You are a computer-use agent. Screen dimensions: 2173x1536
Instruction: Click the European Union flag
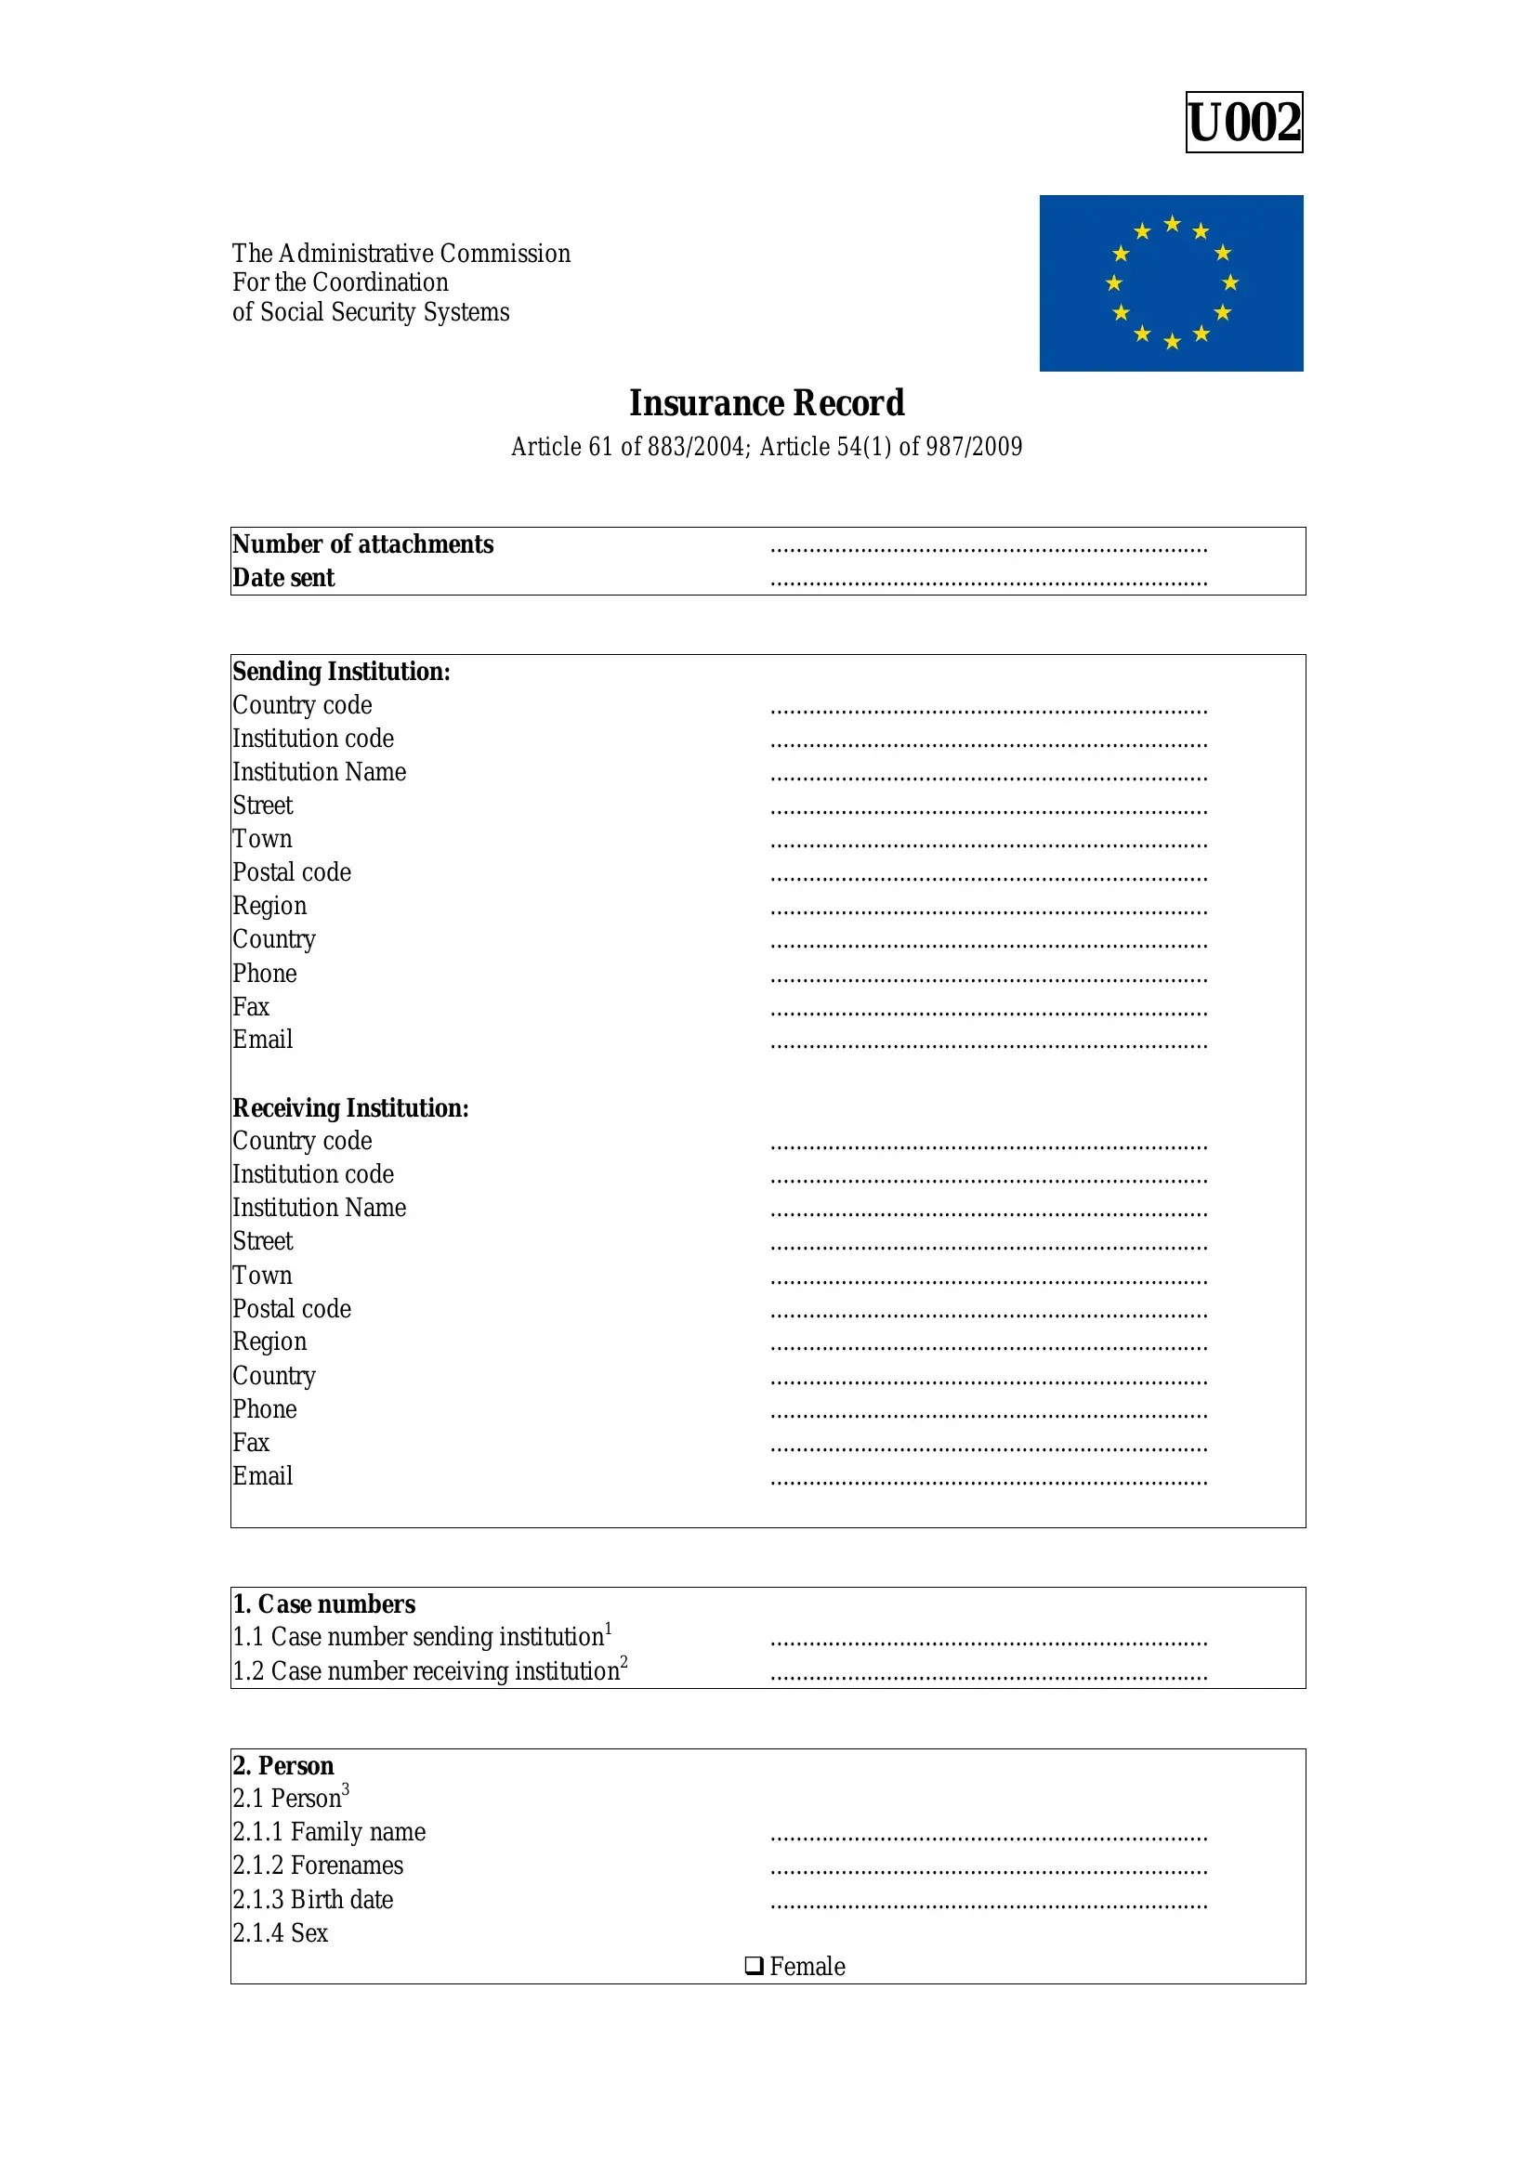coord(1171,283)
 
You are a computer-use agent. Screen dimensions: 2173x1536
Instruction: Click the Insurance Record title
coord(767,403)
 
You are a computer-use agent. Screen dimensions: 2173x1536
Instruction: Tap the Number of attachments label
coord(362,544)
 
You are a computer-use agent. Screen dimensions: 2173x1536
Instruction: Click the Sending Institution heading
coord(341,672)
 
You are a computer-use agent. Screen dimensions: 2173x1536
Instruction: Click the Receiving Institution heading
coord(350,1108)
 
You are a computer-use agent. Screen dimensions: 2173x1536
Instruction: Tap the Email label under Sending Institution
coord(262,1041)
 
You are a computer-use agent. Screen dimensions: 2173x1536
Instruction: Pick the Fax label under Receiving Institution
coord(251,1443)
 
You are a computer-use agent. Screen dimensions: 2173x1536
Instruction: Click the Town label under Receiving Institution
coord(262,1275)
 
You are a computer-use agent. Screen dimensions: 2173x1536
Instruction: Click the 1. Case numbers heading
coord(323,1604)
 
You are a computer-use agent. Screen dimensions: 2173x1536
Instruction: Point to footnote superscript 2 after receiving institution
coord(624,1663)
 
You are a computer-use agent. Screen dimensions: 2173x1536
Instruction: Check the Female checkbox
coord(754,1966)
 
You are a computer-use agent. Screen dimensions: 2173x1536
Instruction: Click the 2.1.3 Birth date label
coord(312,1900)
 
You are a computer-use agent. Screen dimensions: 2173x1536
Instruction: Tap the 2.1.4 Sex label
coord(280,1932)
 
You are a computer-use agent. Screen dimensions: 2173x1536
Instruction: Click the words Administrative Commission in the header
coord(424,254)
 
